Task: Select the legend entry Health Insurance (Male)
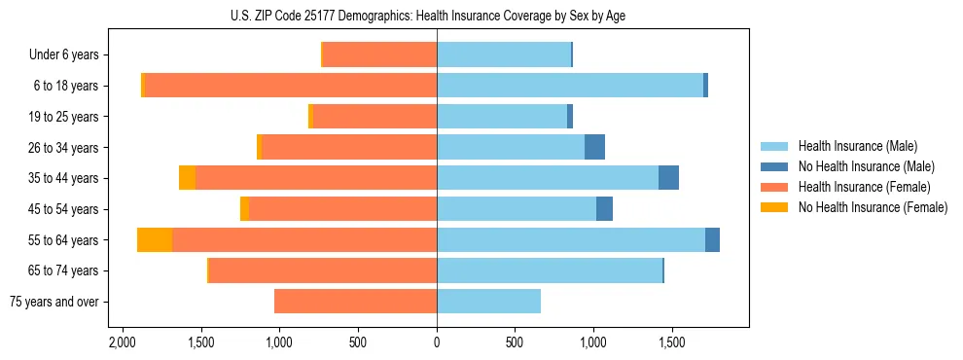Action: (856, 146)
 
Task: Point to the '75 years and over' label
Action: (53, 302)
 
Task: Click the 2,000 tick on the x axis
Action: (122, 343)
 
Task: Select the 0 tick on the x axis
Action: (437, 343)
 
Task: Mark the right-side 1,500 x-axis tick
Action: (672, 343)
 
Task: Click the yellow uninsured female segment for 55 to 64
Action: (155, 239)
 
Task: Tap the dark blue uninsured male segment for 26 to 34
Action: (594, 147)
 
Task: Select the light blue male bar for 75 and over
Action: (488, 302)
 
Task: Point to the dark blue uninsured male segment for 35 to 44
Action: (668, 178)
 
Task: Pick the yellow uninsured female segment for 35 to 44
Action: (187, 178)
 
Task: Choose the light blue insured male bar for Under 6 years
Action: (504, 55)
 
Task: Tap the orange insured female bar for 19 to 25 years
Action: (374, 117)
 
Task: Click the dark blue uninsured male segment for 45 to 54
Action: (604, 208)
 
